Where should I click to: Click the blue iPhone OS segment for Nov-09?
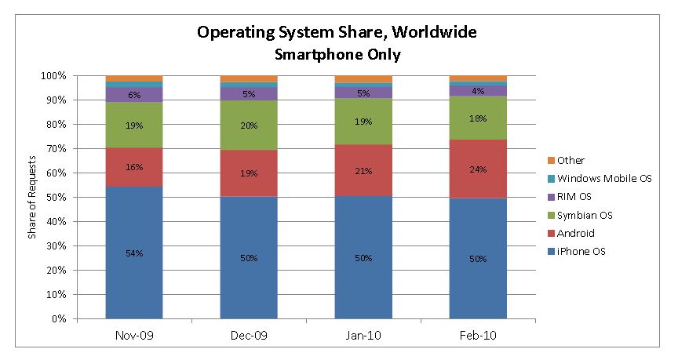click(x=134, y=253)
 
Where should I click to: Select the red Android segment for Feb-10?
click(x=478, y=169)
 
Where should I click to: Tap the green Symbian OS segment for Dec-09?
click(x=249, y=125)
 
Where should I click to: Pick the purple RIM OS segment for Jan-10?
click(x=363, y=93)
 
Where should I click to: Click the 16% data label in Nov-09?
click(x=134, y=167)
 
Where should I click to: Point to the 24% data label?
click(x=478, y=169)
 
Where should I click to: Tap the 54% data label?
click(x=134, y=253)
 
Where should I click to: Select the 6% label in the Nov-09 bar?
click(x=134, y=95)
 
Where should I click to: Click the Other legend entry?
click(x=566, y=160)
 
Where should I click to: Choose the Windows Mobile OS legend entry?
click(x=600, y=179)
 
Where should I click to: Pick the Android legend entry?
click(x=570, y=234)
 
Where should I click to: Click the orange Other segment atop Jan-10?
click(x=363, y=79)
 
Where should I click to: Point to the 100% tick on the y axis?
click(x=53, y=76)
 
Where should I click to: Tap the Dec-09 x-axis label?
click(x=249, y=336)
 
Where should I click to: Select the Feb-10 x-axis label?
click(x=478, y=336)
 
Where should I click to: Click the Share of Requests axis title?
click(x=31, y=197)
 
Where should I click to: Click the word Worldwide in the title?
click(x=434, y=32)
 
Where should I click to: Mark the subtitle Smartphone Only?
click(x=337, y=55)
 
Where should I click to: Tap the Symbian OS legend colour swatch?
click(x=551, y=215)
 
